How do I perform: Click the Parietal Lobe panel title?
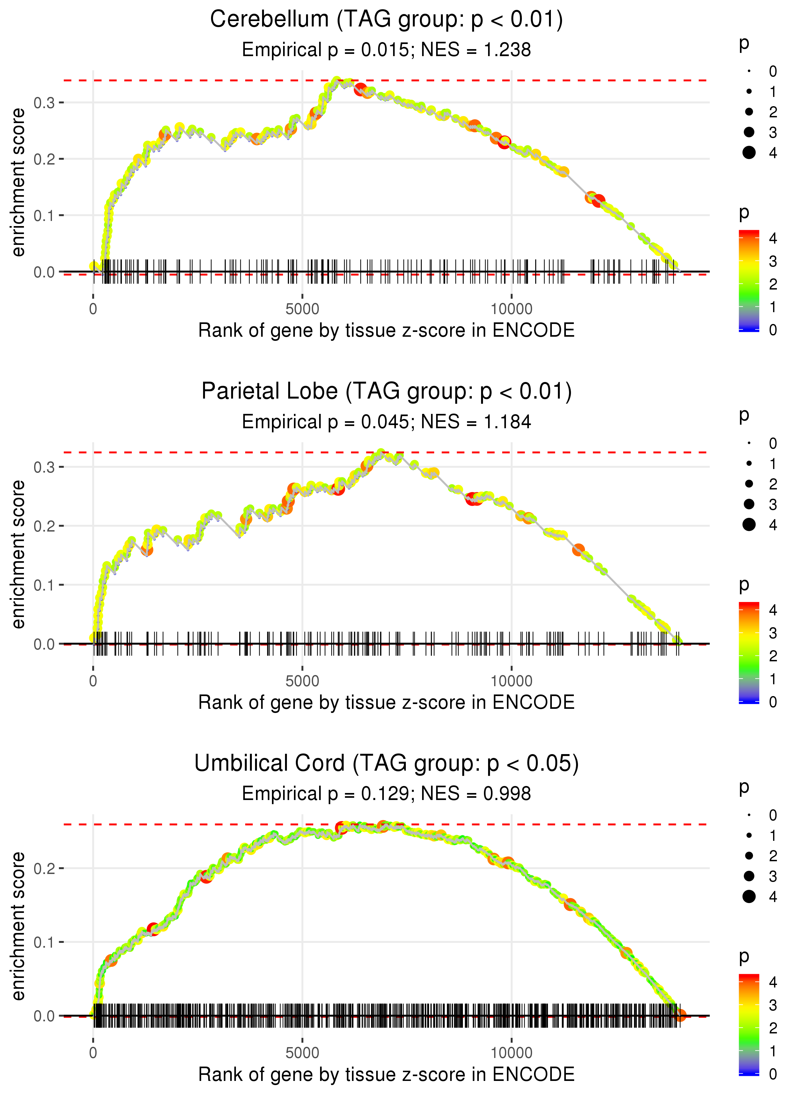386,392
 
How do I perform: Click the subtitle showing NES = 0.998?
386,794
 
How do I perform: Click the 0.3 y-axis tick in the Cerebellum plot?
44,103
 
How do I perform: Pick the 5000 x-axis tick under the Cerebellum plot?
302,309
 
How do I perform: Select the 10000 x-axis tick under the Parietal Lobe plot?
511,681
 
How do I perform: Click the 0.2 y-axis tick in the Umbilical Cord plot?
44,869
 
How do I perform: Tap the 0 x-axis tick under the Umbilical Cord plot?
93,1053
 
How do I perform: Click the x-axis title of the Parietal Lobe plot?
386,703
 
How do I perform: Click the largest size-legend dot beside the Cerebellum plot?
749,153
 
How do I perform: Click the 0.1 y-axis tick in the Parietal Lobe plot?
44,585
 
